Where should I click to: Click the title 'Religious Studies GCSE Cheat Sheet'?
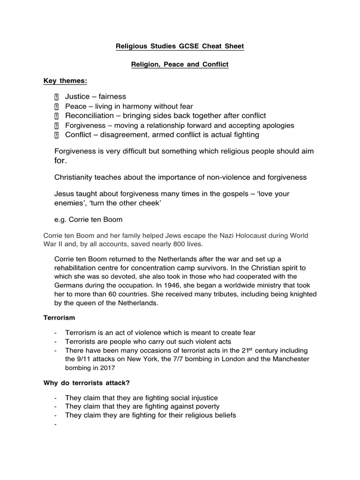tap(180, 46)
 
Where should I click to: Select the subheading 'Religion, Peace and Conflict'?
tap(180, 64)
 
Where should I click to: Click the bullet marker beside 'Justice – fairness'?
tap(56, 97)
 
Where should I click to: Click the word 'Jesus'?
tap(64, 194)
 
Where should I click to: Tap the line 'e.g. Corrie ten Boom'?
tap(88, 219)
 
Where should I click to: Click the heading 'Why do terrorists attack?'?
tap(86, 383)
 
